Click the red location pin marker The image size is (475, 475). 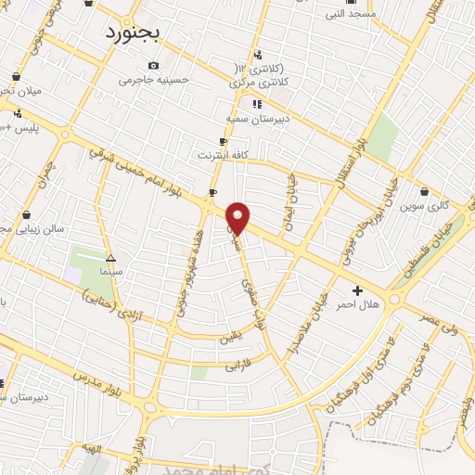pyautogui.click(x=238, y=219)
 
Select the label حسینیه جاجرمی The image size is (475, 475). pyautogui.click(x=153, y=80)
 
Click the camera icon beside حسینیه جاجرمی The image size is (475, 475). pyautogui.click(x=153, y=65)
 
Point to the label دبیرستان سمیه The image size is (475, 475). pyautogui.click(x=257, y=119)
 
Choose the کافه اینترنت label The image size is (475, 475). pyautogui.click(x=222, y=154)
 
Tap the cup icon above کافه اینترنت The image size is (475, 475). pyautogui.click(x=223, y=141)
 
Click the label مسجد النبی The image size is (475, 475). pyautogui.click(x=349, y=14)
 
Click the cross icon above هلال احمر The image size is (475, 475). pyautogui.click(x=358, y=290)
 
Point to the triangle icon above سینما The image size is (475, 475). pyautogui.click(x=110, y=258)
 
